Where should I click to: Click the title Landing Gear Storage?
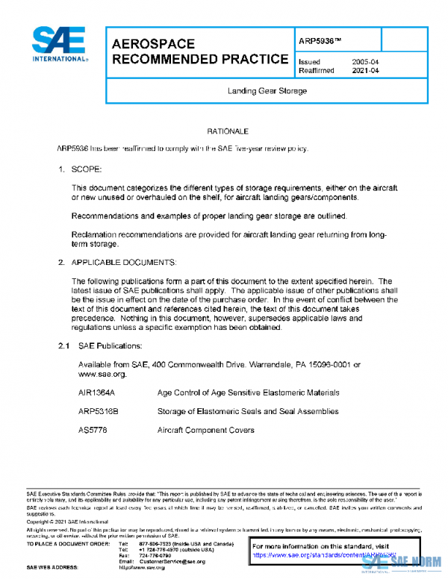[x=267, y=90]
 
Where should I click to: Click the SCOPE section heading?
[x=92, y=169]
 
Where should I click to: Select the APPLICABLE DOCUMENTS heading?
[x=123, y=263]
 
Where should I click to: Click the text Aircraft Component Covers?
[x=205, y=431]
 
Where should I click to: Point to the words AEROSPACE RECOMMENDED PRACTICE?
[x=199, y=51]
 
